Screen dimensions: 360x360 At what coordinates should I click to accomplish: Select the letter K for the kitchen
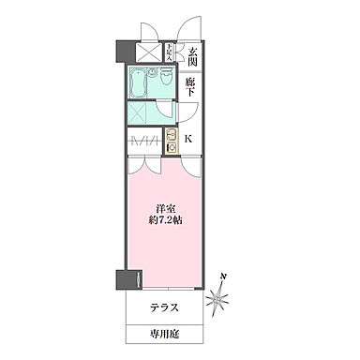(190, 141)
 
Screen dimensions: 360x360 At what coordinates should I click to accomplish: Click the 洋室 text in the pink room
(165, 207)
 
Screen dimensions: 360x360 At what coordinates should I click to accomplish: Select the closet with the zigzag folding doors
(143, 142)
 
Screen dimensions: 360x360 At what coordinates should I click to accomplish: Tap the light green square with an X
(143, 114)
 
